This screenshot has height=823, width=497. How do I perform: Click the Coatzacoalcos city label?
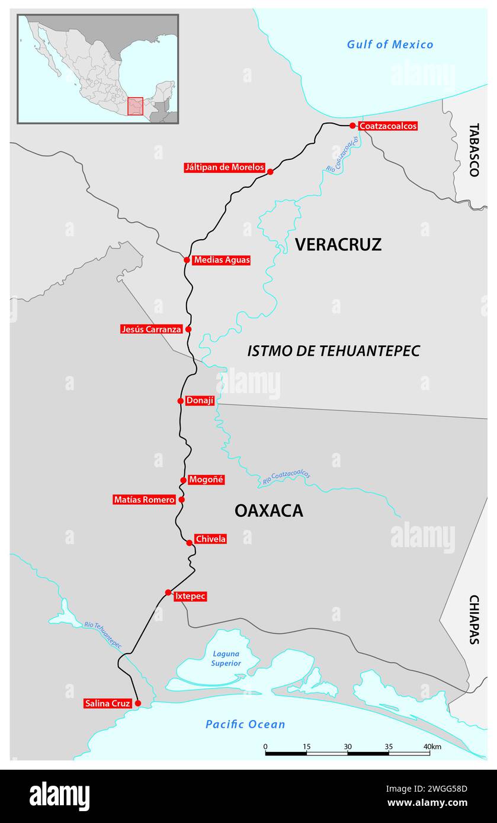point(388,126)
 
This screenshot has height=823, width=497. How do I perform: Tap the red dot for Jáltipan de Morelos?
point(270,172)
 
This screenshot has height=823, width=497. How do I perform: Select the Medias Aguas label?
point(222,260)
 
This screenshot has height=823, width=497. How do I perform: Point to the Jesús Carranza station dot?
point(188,329)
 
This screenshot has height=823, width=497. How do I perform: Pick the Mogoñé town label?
point(206,480)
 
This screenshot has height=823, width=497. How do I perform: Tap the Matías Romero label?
point(145,500)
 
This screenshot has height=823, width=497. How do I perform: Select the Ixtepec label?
point(190,596)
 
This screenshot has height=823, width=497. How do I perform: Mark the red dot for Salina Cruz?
point(138,703)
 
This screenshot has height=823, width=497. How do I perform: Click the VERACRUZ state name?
point(338,244)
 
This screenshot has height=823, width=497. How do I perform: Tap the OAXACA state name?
point(268,510)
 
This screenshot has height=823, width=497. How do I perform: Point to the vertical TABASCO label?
point(473,150)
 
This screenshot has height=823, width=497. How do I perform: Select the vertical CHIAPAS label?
point(473,619)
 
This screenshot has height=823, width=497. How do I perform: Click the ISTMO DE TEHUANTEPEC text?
point(333,351)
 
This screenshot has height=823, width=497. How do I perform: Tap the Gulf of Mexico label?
point(390,44)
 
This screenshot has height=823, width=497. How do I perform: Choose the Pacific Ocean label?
point(245,724)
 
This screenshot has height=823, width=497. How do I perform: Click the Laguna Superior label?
point(226,658)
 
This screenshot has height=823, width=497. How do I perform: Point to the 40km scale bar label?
point(432,747)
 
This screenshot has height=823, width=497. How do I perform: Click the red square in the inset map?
point(135,107)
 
